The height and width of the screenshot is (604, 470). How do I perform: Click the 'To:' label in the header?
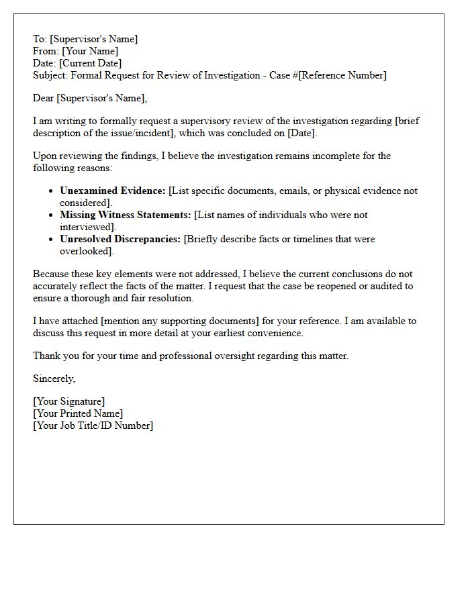[40, 39]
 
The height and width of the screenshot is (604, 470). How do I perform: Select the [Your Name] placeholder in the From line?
[90, 51]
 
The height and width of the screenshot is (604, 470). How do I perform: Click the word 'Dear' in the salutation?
[44, 98]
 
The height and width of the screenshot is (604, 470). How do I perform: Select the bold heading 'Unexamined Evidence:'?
[112, 191]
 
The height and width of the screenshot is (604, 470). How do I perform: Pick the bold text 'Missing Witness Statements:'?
[126, 215]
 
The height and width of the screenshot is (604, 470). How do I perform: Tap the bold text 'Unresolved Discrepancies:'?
[120, 239]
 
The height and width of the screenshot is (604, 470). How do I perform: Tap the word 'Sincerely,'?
[54, 379]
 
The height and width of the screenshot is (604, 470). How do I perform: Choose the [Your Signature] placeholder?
[69, 401]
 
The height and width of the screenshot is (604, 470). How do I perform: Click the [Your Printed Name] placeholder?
[78, 413]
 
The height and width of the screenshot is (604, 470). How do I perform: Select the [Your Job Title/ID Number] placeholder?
[93, 425]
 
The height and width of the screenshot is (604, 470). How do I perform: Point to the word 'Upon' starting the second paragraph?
[44, 156]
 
